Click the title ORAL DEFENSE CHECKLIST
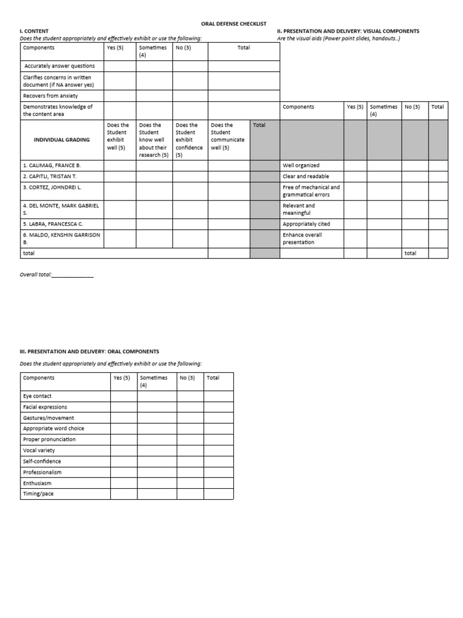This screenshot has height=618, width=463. coord(233,24)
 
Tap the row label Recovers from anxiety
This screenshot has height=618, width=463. coord(50,95)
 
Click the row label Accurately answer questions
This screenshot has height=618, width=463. coord(59,66)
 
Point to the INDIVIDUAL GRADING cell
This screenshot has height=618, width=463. coord(62,139)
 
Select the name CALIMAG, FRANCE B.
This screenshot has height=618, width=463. coord(51,165)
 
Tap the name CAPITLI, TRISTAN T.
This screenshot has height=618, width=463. coord(50,176)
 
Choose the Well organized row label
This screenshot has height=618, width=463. coord(301,165)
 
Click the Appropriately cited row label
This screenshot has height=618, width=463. coord(306,224)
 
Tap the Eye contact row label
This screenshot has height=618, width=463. coord(37,396)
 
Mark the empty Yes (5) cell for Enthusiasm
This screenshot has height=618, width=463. coord(124,483)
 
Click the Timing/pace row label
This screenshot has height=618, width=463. coord(39,494)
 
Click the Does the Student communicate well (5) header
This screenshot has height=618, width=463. coord(228,139)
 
